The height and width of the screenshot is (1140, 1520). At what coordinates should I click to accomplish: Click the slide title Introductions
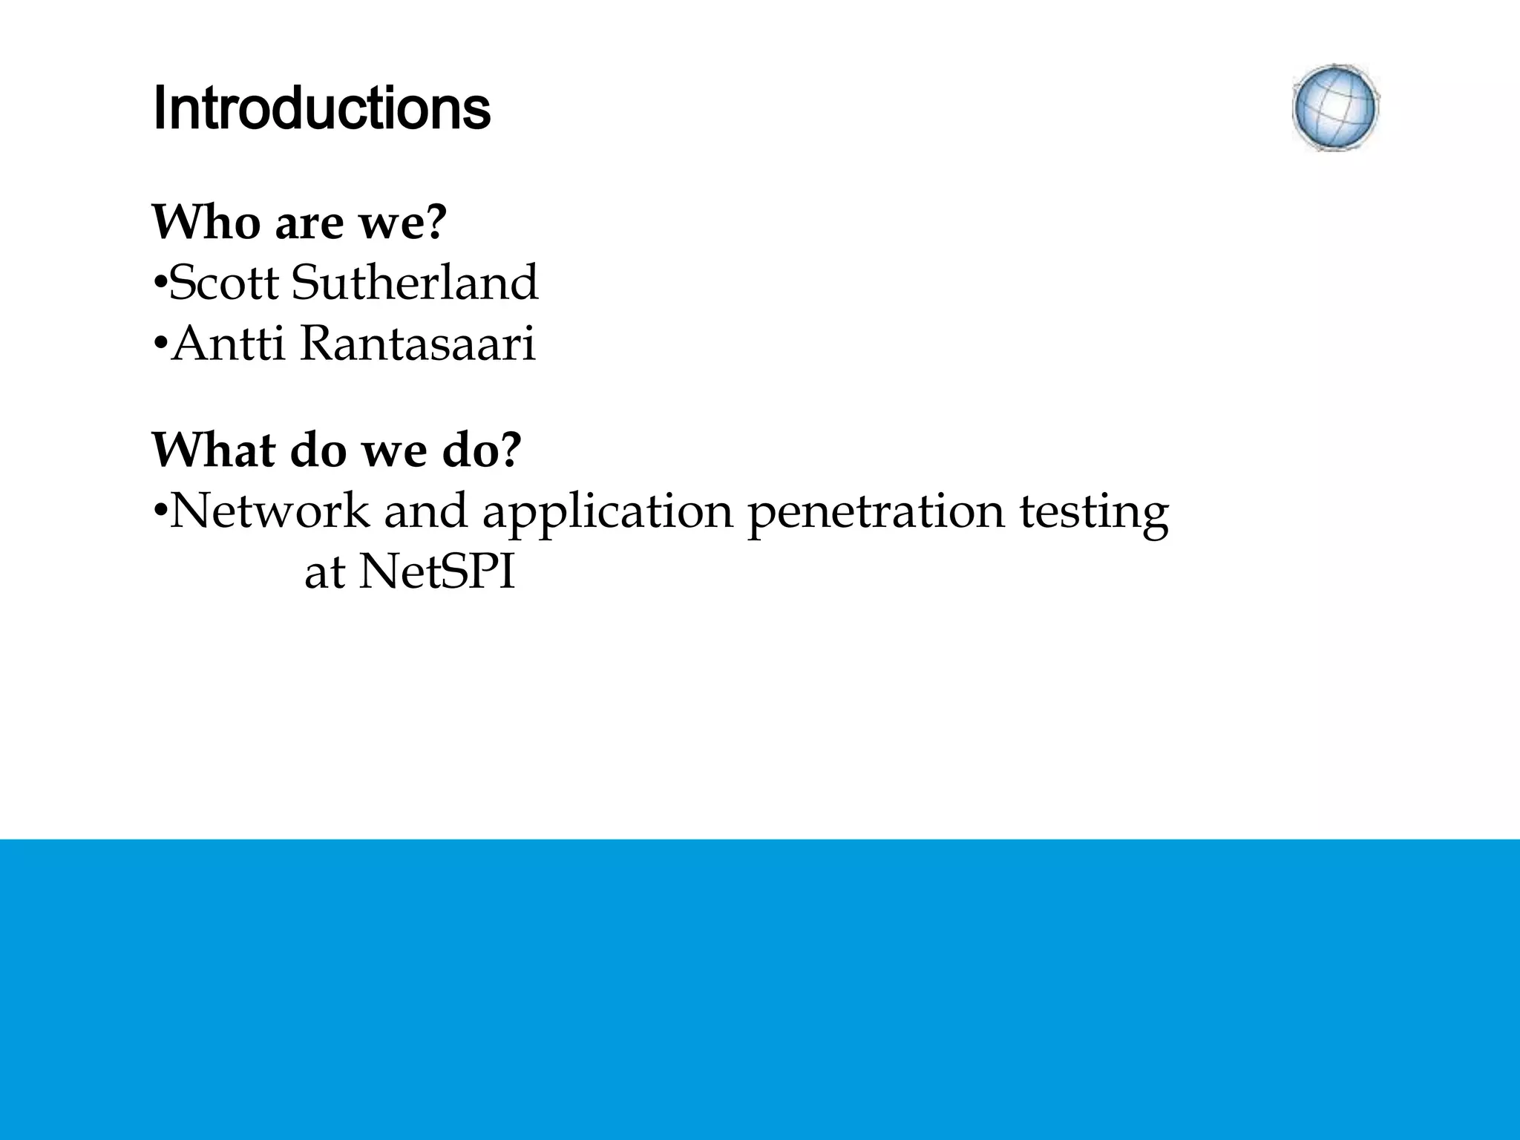point(321,109)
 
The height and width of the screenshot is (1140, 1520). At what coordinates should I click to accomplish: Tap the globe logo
point(1335,108)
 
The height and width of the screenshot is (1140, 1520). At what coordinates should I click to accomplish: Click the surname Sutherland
point(415,283)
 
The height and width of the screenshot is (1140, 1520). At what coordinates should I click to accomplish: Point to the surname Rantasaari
point(417,345)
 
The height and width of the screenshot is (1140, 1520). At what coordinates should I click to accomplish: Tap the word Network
point(269,511)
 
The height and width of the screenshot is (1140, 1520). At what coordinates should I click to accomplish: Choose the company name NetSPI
point(437,573)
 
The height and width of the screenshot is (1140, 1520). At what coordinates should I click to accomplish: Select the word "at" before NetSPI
point(324,574)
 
